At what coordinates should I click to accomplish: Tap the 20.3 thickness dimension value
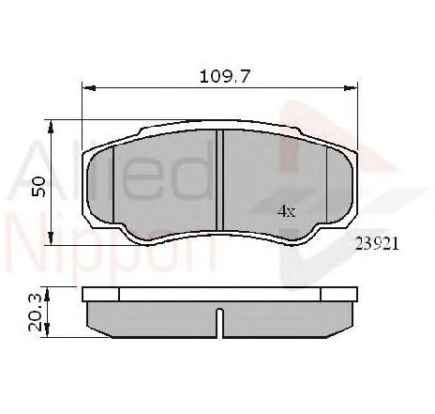click(37, 312)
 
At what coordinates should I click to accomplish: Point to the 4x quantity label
click(286, 211)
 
